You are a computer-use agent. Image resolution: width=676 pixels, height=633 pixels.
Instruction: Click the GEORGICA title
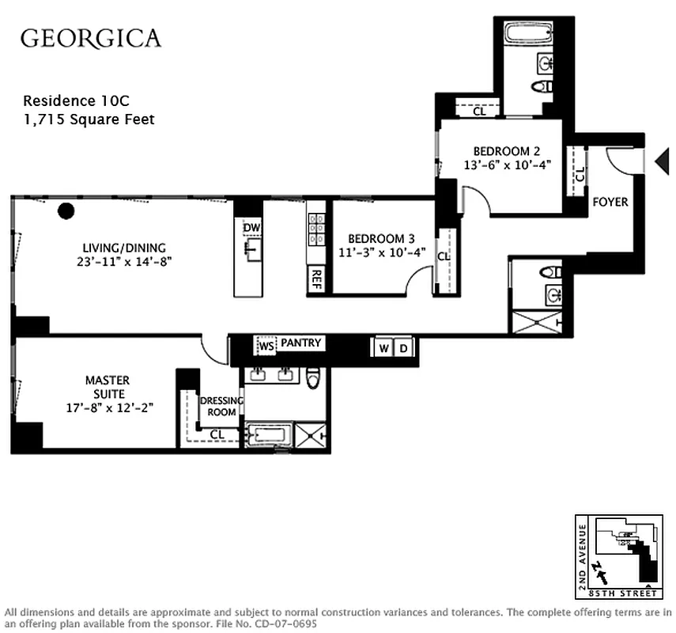point(90,38)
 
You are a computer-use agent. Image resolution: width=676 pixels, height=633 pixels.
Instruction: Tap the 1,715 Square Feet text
point(89,119)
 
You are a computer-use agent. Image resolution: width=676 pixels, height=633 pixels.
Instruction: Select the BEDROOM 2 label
point(507,151)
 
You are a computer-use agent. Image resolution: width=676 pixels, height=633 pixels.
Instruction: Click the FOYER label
point(610,202)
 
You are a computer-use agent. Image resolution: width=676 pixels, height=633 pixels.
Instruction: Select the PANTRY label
point(300,343)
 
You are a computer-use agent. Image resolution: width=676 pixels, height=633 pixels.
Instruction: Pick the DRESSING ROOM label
point(221,406)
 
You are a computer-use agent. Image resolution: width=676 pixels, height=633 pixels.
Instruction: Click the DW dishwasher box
point(251,229)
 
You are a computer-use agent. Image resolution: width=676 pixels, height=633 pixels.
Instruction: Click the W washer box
point(383,348)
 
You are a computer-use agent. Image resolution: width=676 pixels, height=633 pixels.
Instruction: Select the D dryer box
point(402,348)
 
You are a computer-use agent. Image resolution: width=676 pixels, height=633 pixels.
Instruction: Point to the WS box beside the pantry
point(266,346)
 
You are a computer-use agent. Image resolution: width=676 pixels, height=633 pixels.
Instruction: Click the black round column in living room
point(66,210)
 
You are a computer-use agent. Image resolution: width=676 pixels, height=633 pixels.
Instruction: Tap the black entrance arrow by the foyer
point(662,161)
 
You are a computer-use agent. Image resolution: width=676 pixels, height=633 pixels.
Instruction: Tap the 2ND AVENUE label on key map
point(583,552)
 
